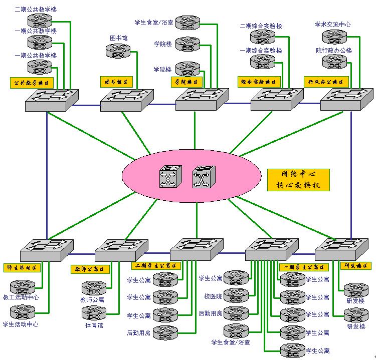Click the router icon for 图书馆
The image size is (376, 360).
pyautogui.click(x=118, y=51)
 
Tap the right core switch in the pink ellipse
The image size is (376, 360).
pyautogui.click(x=203, y=177)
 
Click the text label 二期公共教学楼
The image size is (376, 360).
pyautogui.click(x=36, y=9)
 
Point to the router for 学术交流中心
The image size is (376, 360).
pyautogui.click(x=334, y=36)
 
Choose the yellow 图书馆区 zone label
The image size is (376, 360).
pyautogui.click(x=116, y=82)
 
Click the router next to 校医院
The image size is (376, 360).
pyautogui.click(x=236, y=295)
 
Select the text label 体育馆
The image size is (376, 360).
pyautogui.click(x=94, y=325)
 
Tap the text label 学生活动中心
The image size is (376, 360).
pyautogui.click(x=21, y=324)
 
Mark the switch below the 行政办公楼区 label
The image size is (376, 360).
pyautogui.click(x=346, y=99)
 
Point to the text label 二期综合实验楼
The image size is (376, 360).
pyautogui.click(x=261, y=26)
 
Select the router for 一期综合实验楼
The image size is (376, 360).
pyautogui.click(x=263, y=62)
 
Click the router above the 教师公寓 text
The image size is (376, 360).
pyautogui.click(x=94, y=287)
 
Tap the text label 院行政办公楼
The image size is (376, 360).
pyautogui.click(x=334, y=51)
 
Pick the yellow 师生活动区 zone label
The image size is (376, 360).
pyautogui.click(x=22, y=267)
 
